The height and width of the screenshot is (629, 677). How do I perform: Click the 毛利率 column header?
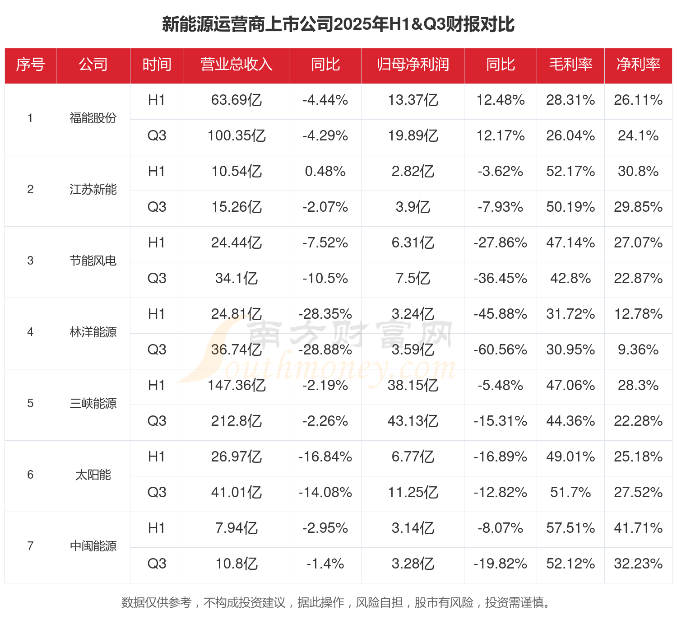570,65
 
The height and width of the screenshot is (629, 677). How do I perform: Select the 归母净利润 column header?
413,65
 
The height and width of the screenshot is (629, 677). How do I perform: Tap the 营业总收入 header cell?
236,65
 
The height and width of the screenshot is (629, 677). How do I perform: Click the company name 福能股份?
93,118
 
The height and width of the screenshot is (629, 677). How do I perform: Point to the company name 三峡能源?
93,403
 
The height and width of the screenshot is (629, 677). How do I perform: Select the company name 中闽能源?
93,546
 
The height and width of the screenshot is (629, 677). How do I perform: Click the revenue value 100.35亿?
236,135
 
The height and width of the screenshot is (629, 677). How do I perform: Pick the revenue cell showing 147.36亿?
236,385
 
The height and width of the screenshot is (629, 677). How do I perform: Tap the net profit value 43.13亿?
413,421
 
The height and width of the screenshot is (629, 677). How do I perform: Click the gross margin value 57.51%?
570,528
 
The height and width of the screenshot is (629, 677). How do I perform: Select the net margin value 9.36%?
638,349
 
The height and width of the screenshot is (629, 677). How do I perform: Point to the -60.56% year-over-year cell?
500,349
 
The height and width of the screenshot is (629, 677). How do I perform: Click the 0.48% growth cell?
325,171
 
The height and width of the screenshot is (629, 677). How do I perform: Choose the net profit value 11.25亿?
413,492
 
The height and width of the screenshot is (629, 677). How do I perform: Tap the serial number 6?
30,475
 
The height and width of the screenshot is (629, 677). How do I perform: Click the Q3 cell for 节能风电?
157,278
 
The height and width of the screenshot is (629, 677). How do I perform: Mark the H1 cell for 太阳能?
157,457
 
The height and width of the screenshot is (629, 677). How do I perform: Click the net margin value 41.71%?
638,528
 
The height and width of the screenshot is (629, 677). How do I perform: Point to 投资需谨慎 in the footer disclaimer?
515,602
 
